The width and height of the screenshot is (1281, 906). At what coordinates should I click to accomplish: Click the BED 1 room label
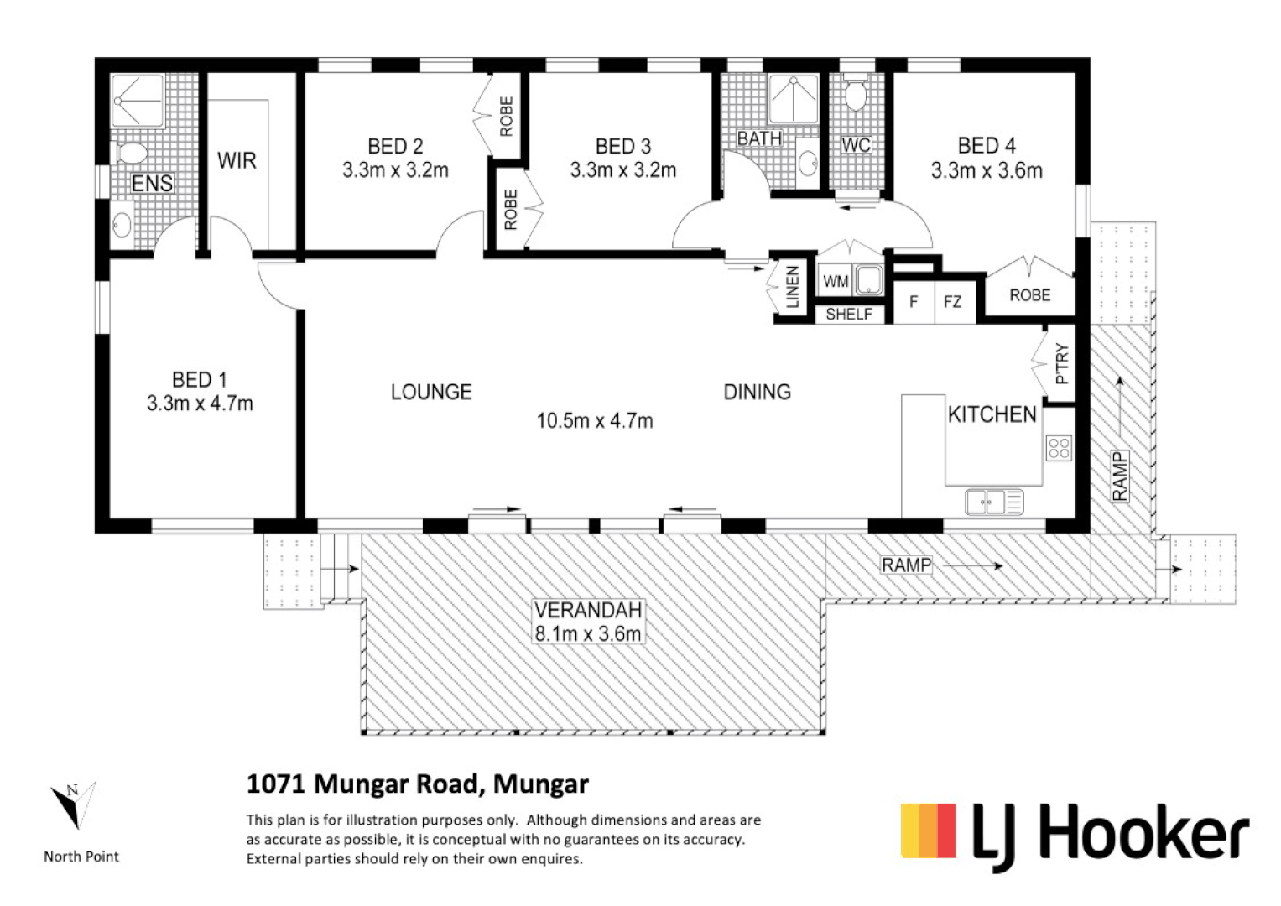tap(200, 380)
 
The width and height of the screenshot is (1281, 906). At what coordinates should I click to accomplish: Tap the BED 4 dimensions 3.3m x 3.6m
tap(987, 171)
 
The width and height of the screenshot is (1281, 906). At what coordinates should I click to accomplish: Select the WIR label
tap(237, 160)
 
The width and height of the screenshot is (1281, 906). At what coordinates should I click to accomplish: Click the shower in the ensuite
tap(139, 101)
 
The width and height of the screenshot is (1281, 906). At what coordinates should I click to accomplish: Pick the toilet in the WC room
tap(856, 96)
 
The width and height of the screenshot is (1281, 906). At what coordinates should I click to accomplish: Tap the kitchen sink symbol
tap(994, 502)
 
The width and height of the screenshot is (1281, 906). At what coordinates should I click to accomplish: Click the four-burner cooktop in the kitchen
tap(1059, 448)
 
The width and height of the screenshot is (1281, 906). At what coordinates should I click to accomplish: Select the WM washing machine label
tap(836, 282)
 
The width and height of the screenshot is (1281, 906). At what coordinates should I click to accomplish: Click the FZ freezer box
tap(953, 301)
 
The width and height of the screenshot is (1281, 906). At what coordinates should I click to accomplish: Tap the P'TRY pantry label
tap(1062, 365)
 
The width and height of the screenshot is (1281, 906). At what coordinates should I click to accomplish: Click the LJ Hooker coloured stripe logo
tap(928, 831)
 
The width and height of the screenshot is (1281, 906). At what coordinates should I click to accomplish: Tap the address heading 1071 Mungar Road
tap(417, 784)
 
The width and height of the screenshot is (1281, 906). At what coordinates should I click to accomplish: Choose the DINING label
tap(757, 392)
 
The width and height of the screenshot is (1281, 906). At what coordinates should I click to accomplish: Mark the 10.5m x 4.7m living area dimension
tap(595, 420)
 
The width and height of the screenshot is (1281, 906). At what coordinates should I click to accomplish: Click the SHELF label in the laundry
tap(848, 315)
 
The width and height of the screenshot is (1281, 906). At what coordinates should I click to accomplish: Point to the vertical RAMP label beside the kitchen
tap(1120, 476)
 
